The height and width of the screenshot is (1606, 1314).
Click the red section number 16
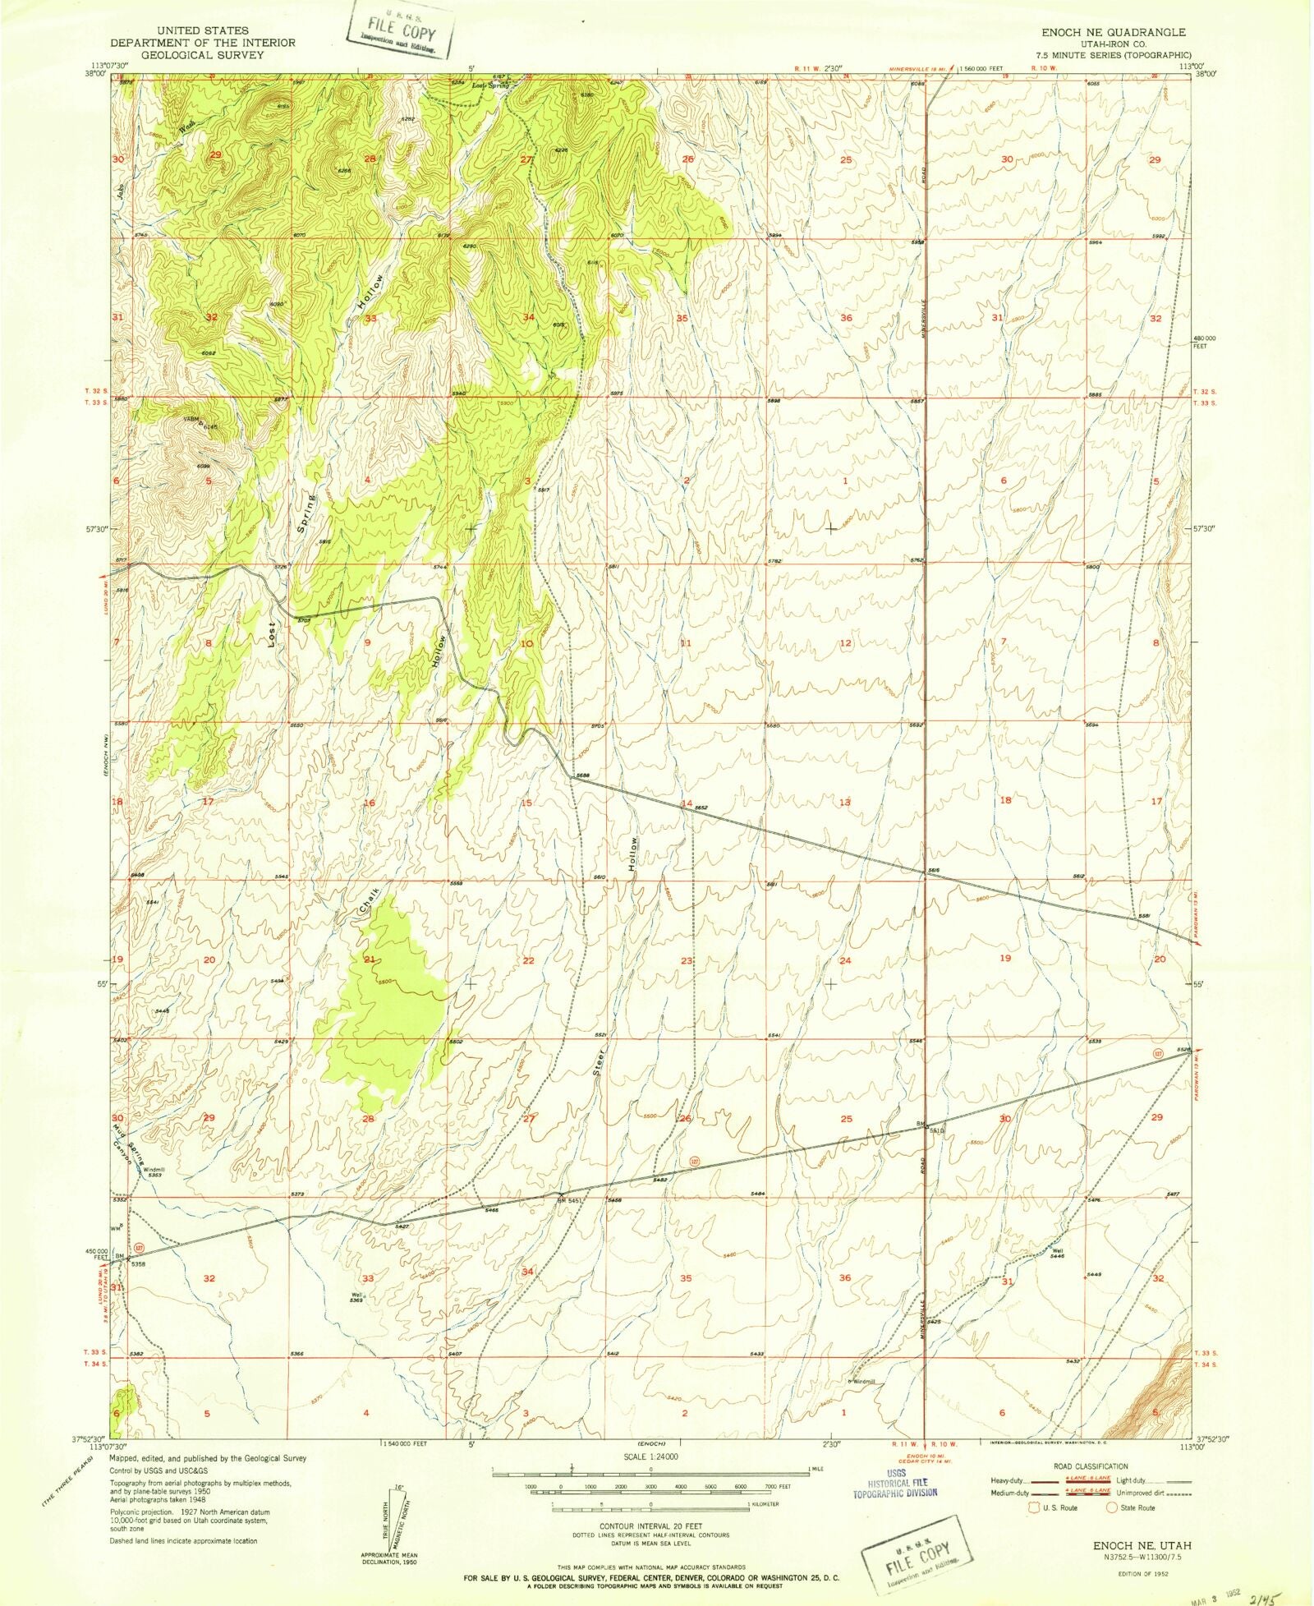[x=369, y=803]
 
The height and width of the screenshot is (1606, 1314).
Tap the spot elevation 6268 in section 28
[x=344, y=170]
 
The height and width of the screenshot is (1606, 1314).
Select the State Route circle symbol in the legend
[x=1112, y=1507]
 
